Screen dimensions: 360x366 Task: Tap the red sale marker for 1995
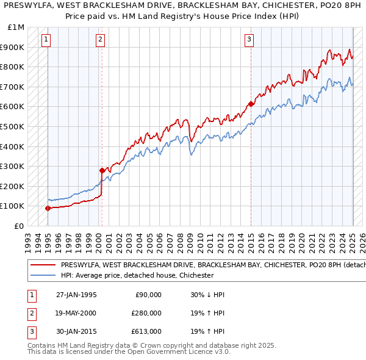tap(48, 208)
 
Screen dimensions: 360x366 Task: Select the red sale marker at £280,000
tap(102, 170)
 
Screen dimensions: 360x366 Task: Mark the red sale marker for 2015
tap(251, 104)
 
